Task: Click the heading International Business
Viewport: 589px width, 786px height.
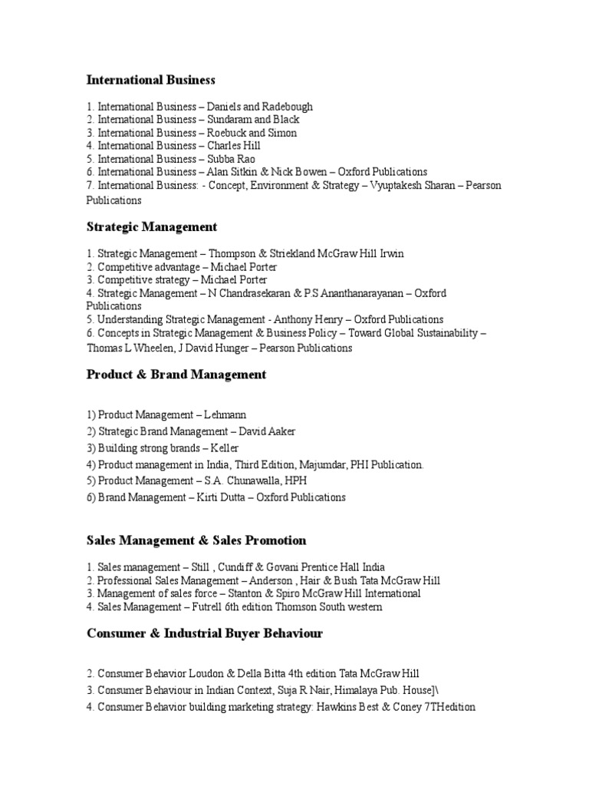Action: pyautogui.click(x=151, y=80)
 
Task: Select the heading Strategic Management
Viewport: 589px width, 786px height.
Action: pyautogui.click(x=152, y=227)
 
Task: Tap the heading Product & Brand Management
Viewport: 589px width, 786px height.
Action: pyautogui.click(x=176, y=375)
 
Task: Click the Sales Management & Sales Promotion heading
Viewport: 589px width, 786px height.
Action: pyautogui.click(x=196, y=540)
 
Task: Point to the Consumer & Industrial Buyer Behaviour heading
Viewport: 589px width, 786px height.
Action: pyautogui.click(x=205, y=633)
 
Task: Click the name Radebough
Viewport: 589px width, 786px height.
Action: pyautogui.click(x=288, y=107)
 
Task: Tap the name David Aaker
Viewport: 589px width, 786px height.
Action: pyautogui.click(x=267, y=431)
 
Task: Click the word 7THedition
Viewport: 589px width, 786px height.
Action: pyautogui.click(x=447, y=706)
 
